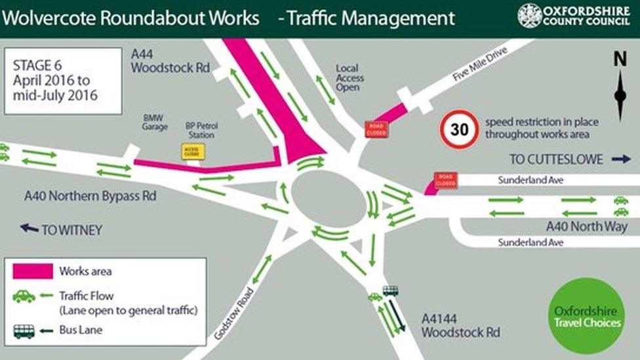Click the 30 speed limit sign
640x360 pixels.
(x=459, y=129)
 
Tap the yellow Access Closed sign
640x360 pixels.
(x=193, y=151)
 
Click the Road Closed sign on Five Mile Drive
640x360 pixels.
(x=376, y=129)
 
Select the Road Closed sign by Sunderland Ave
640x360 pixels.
(x=445, y=180)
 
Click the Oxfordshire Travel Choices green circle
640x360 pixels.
(x=586, y=316)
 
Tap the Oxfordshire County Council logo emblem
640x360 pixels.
(x=530, y=15)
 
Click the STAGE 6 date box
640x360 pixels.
(x=63, y=81)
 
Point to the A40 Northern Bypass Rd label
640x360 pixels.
(x=90, y=196)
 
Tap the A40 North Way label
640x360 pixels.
(x=587, y=226)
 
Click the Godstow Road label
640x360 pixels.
(x=233, y=314)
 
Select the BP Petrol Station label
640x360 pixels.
(x=201, y=130)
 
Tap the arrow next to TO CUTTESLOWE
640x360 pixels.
(x=620, y=159)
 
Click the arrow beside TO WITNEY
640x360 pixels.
(x=29, y=228)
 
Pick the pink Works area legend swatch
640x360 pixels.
(x=33, y=271)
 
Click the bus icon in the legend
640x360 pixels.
(x=24, y=331)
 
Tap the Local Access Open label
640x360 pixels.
(x=350, y=77)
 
